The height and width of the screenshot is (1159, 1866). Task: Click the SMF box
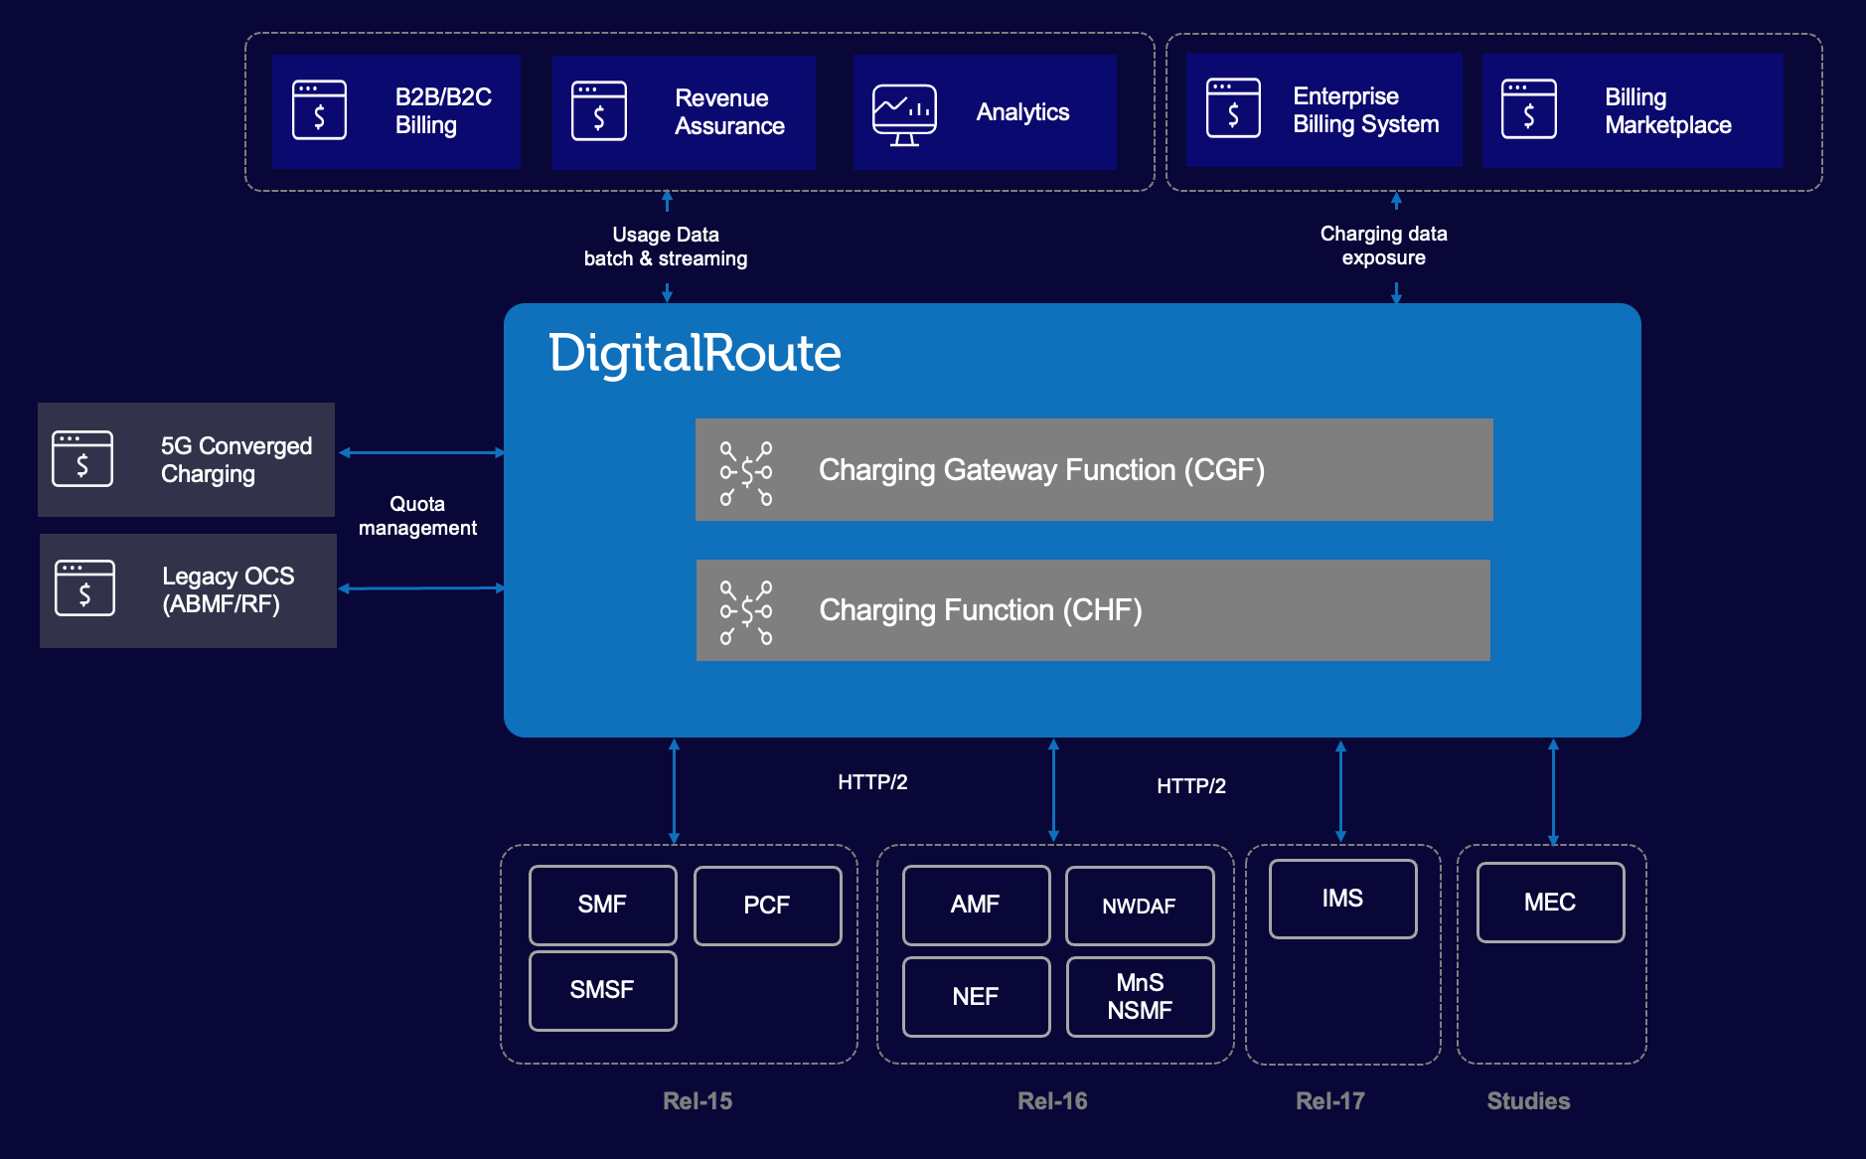click(x=602, y=905)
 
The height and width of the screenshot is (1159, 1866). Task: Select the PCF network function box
click(x=767, y=906)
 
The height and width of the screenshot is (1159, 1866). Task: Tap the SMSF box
click(x=602, y=990)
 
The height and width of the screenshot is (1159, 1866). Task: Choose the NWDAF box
click(x=1139, y=906)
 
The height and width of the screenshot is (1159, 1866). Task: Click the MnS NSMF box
click(x=1140, y=997)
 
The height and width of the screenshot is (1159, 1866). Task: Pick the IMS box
click(x=1342, y=899)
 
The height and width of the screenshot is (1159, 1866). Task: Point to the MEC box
click(x=1550, y=903)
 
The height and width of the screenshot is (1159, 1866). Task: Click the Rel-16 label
click(x=1052, y=1101)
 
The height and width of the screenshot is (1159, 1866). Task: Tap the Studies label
click(x=1528, y=1101)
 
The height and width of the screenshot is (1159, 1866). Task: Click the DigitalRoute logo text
click(x=695, y=354)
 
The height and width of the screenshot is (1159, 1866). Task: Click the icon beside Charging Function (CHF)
click(x=746, y=612)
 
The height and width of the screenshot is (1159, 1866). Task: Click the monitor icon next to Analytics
click(x=904, y=114)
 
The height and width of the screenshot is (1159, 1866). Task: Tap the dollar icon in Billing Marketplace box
click(x=1528, y=109)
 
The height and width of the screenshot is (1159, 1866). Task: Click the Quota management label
click(x=417, y=516)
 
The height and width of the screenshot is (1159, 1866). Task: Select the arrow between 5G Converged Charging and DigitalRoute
click(x=421, y=453)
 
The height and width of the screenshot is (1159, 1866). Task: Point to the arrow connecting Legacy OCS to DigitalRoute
click(x=421, y=588)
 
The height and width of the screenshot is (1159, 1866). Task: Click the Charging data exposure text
click(x=1383, y=246)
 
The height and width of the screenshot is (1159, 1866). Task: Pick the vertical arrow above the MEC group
click(x=1553, y=792)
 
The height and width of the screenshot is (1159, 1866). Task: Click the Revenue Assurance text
click(x=729, y=112)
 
